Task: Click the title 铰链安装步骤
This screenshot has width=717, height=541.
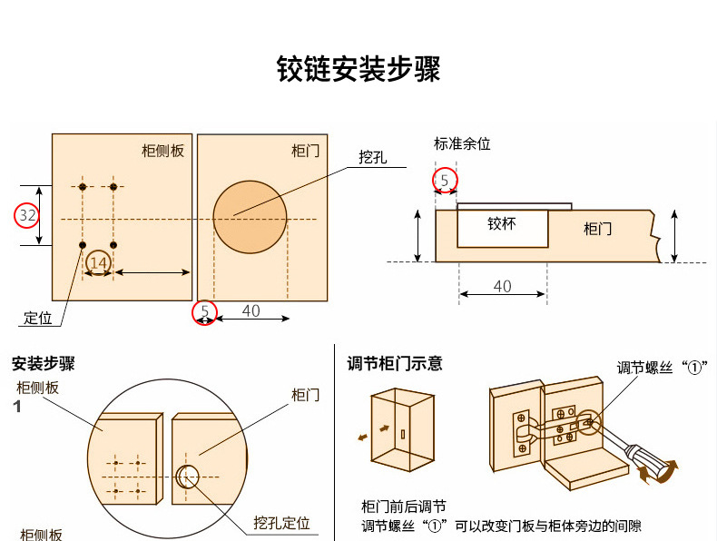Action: click(x=358, y=69)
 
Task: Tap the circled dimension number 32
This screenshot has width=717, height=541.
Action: click(x=27, y=216)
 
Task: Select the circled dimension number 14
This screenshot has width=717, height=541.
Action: click(x=98, y=263)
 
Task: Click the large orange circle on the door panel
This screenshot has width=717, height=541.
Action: click(x=250, y=218)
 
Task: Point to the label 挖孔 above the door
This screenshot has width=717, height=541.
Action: click(x=372, y=158)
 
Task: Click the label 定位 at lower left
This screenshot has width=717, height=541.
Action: click(x=37, y=318)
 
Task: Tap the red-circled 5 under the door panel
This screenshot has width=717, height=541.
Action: click(x=205, y=311)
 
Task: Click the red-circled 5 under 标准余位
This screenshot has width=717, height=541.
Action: click(x=444, y=181)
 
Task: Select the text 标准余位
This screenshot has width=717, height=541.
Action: click(x=462, y=143)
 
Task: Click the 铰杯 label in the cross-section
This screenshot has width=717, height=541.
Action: click(x=501, y=223)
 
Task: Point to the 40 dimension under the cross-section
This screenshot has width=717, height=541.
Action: click(x=502, y=287)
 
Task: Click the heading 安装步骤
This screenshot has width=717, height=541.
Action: click(x=43, y=364)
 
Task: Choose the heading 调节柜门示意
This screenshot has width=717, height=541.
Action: click(x=395, y=364)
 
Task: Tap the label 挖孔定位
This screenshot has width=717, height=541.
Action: click(x=281, y=523)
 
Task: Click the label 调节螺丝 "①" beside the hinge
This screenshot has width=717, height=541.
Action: click(x=662, y=368)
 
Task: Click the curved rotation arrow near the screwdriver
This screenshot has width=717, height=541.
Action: click(x=656, y=471)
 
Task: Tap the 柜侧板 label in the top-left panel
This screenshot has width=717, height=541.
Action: click(x=163, y=151)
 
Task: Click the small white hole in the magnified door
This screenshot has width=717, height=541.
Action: click(x=189, y=475)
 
